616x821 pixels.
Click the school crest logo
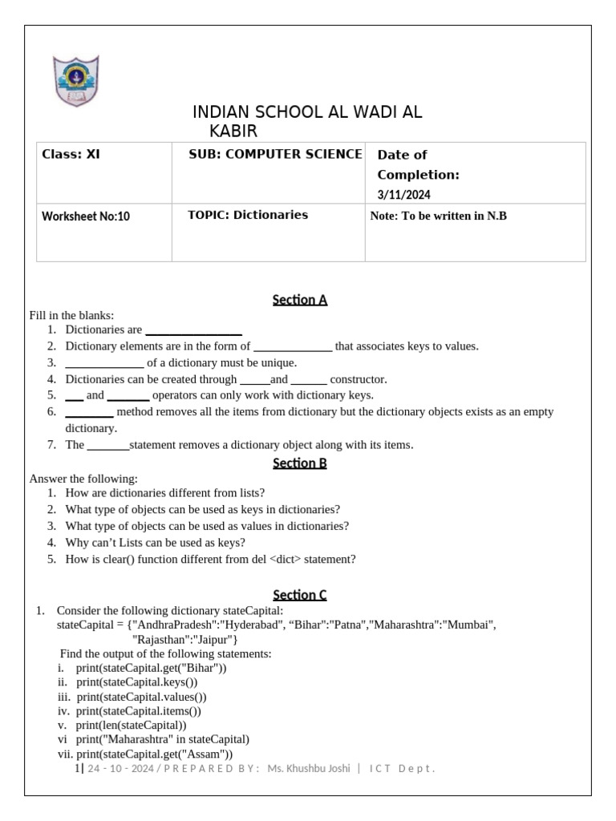76,81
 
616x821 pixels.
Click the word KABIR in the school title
233,131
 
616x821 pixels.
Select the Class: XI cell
71,155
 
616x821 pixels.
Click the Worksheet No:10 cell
86,216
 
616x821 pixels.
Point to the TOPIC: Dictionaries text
247,215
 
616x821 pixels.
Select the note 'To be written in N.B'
439,216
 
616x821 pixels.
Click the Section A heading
300,300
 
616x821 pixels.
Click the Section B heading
300,463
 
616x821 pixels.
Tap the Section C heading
300,595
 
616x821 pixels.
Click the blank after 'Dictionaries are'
193,330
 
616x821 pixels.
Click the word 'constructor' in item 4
358,379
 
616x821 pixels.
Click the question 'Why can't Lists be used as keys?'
155,542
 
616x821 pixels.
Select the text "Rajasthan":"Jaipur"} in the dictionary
184,639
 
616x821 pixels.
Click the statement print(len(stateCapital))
132,725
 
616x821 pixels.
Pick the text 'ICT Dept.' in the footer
402,769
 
